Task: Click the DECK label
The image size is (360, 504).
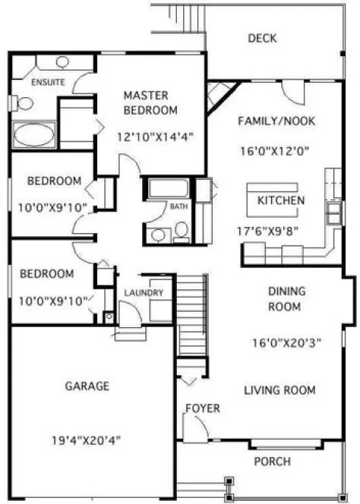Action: click(261, 39)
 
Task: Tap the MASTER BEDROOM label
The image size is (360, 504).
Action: click(150, 102)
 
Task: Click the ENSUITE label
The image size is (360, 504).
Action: click(48, 81)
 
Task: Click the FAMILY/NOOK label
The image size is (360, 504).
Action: click(276, 121)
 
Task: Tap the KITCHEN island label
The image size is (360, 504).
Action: click(281, 201)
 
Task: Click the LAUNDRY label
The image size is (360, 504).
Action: click(142, 292)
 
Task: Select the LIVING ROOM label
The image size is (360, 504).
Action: click(279, 390)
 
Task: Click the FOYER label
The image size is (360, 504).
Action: click(203, 409)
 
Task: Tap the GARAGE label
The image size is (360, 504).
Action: click(87, 386)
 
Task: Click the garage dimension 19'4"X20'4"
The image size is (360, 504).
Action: click(87, 439)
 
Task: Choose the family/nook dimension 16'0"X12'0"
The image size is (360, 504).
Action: click(276, 150)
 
